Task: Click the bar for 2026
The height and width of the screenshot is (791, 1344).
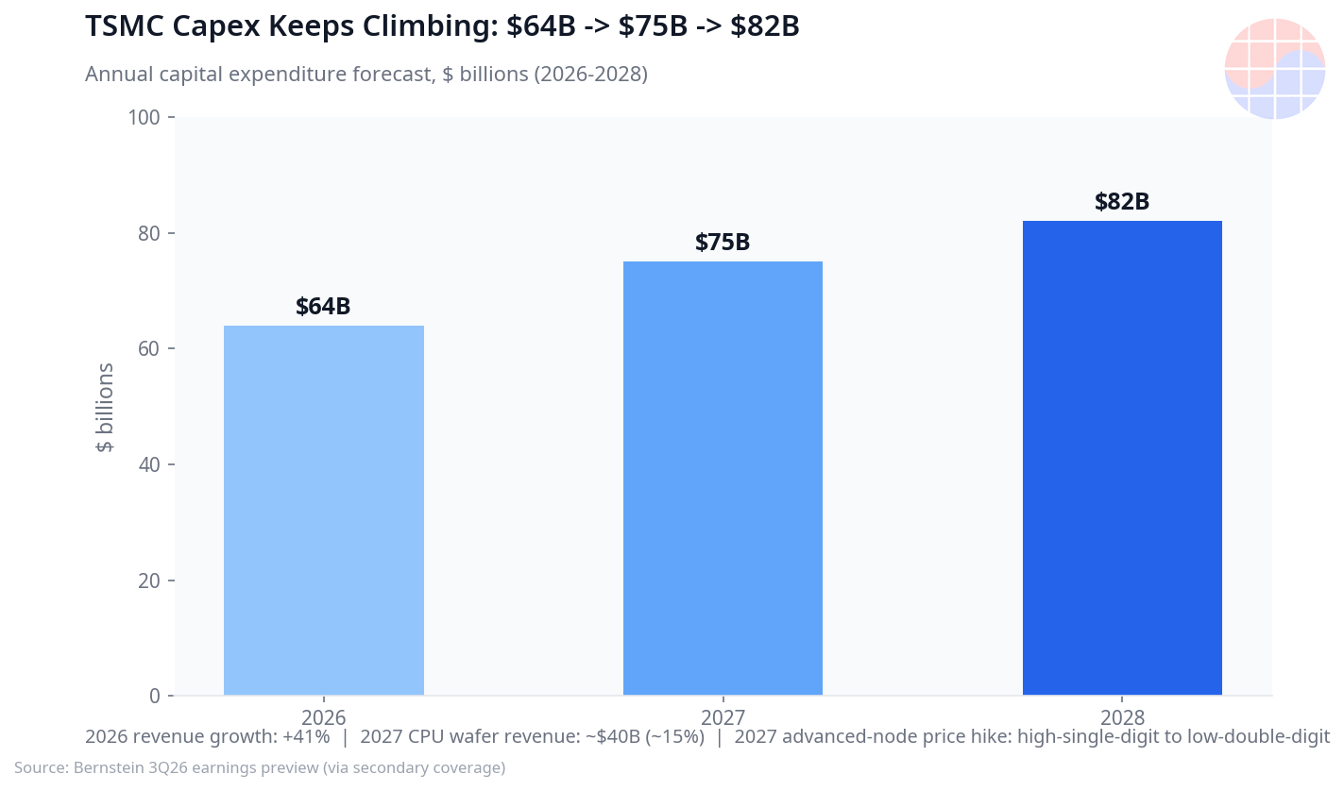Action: (323, 511)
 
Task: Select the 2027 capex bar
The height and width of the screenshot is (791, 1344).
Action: (723, 479)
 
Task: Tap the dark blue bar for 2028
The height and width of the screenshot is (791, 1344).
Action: (1122, 458)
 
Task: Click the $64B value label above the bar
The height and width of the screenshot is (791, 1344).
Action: (323, 306)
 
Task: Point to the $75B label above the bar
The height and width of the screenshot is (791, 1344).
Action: (723, 242)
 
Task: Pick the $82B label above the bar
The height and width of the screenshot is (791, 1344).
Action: (1122, 201)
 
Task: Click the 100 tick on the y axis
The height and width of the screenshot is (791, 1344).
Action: (144, 118)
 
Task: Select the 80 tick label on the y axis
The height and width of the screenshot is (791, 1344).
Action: (149, 233)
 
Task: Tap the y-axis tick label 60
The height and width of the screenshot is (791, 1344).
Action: (149, 348)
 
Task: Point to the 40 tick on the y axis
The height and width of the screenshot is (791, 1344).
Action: (149, 464)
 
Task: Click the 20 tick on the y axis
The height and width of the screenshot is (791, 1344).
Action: (149, 581)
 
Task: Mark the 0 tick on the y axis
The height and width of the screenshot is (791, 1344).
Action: (155, 696)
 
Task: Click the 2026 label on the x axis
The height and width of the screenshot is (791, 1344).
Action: (323, 716)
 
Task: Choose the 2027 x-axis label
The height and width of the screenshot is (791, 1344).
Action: (723, 716)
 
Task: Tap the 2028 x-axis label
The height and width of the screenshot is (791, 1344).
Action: (1122, 716)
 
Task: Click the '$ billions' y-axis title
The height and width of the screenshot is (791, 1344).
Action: (105, 407)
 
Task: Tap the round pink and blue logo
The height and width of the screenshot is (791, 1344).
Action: (1274, 68)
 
